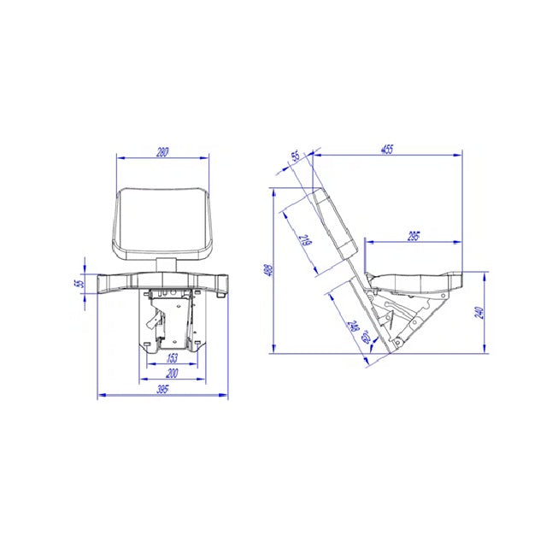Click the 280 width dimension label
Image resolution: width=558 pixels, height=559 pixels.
click(x=162, y=152)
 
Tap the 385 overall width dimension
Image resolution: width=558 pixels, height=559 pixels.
click(x=162, y=389)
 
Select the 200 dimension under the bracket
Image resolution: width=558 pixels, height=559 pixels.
click(x=171, y=374)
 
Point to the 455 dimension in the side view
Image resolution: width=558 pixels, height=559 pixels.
click(x=387, y=150)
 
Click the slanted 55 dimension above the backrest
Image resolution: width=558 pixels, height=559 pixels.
click(x=296, y=156)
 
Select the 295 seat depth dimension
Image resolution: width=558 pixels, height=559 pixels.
click(x=413, y=235)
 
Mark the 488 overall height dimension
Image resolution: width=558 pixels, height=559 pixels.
click(x=267, y=269)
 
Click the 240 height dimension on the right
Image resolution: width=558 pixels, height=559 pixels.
click(x=480, y=313)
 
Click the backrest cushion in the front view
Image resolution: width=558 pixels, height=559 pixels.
click(x=162, y=222)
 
